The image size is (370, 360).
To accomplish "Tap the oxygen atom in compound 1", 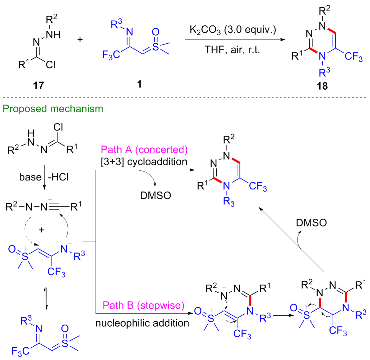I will [x=155, y=32].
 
